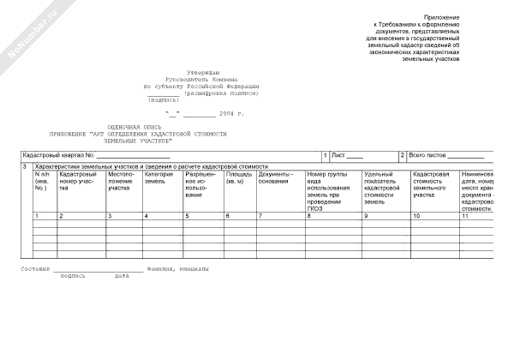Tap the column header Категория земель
(x=160, y=177)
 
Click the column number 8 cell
(x=308, y=216)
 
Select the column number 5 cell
(x=187, y=216)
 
